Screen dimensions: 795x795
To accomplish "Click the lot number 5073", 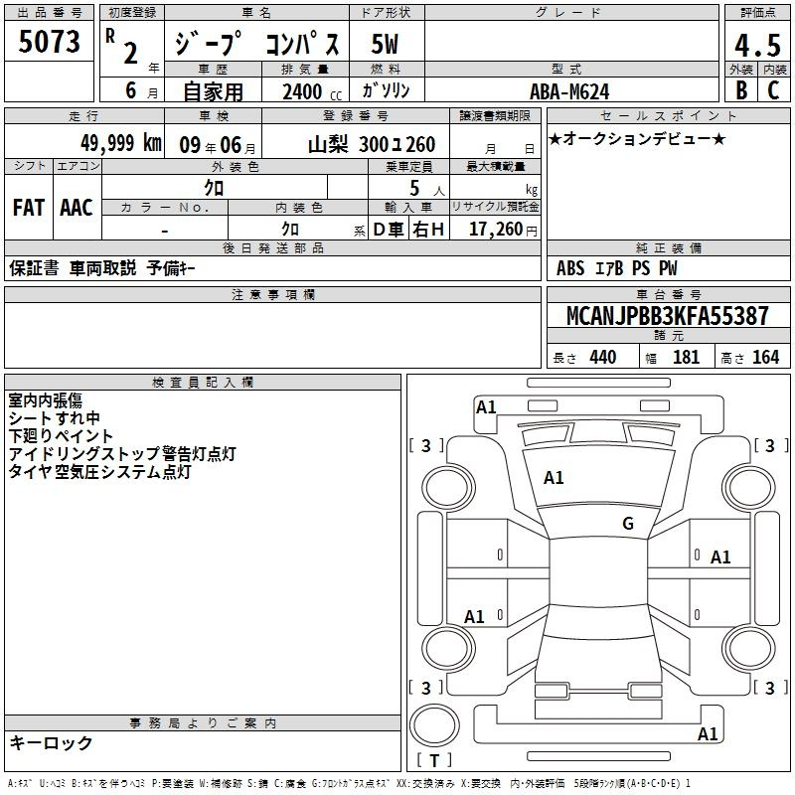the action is tap(49, 42).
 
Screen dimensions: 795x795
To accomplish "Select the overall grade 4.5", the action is tap(757, 46).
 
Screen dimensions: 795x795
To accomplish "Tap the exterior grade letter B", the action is tap(741, 90).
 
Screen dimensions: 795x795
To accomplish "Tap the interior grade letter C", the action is tap(773, 90).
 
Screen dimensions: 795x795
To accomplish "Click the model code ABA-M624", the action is tap(569, 91).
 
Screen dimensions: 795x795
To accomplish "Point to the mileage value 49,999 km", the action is tap(120, 143).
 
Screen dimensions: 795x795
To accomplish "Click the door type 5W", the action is tap(385, 44).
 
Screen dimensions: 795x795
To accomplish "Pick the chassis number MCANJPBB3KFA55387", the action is tap(667, 316).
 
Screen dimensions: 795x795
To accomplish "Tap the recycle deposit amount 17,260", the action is tap(496, 230).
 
